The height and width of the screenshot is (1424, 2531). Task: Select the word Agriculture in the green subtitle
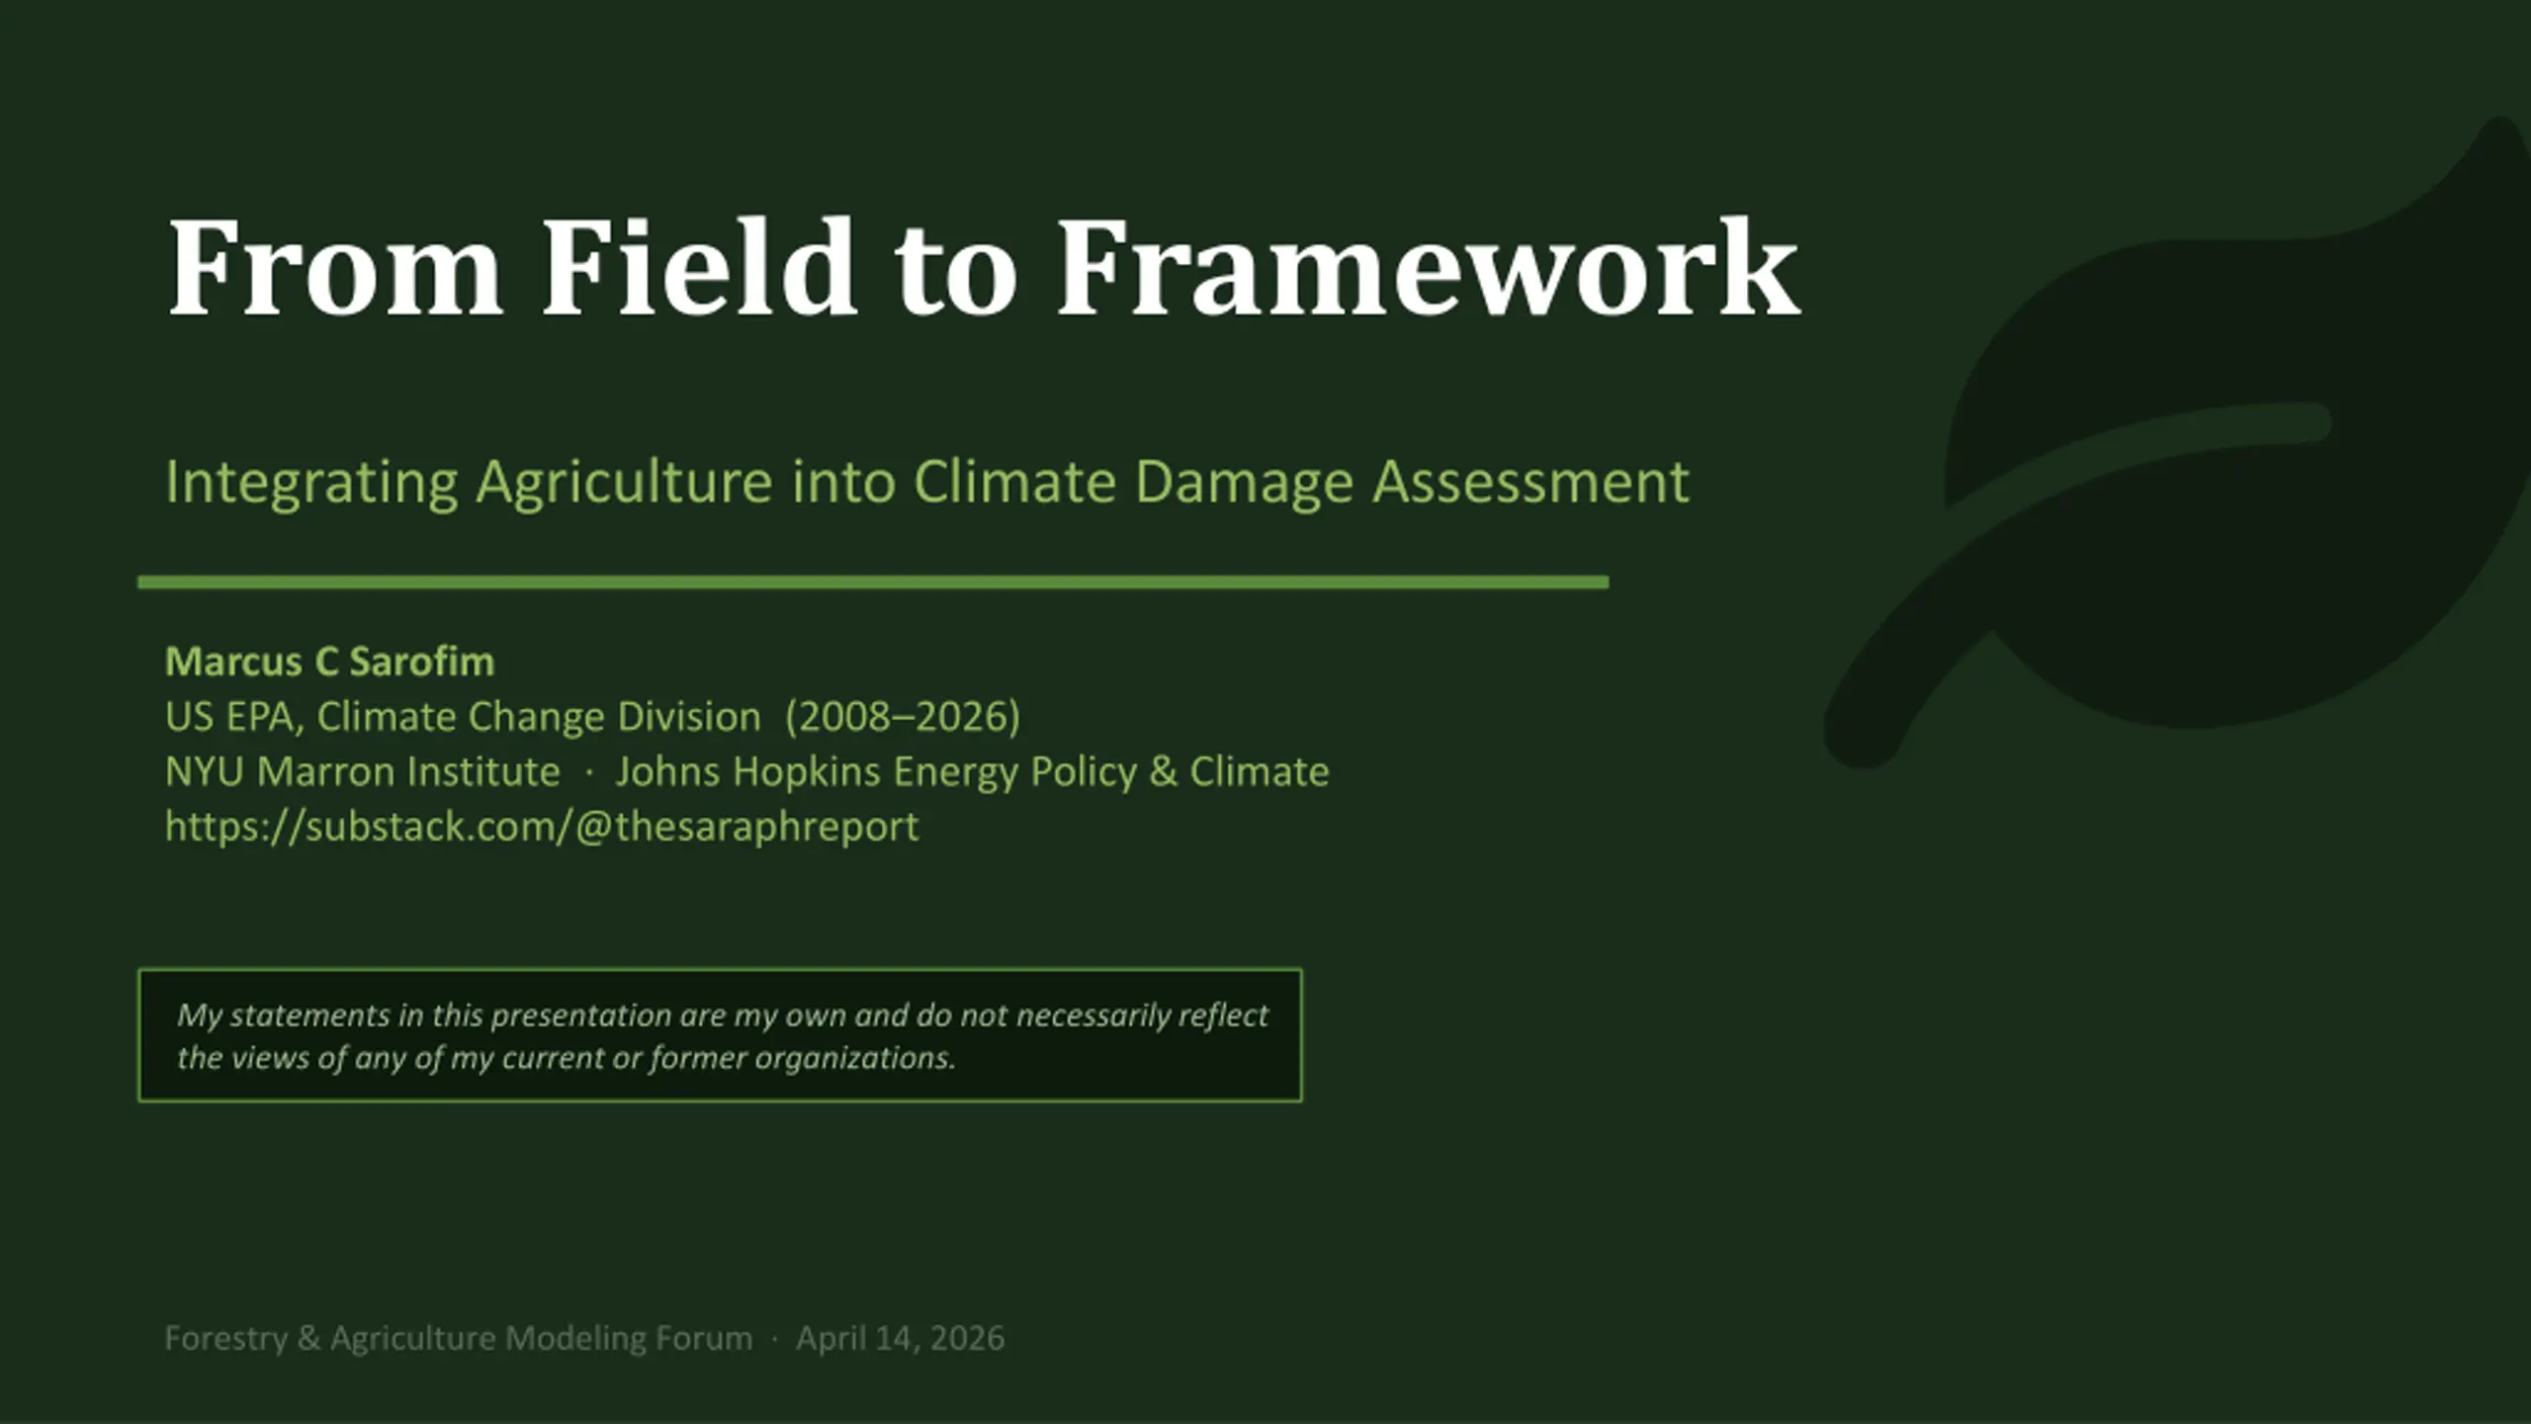(625, 484)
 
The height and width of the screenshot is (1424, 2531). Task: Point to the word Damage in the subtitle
(1244, 484)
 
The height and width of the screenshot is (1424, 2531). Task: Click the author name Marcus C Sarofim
(329, 662)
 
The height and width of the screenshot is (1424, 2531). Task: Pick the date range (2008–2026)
(903, 717)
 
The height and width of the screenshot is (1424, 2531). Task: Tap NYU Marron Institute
(362, 771)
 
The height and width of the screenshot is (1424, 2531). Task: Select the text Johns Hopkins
(747, 771)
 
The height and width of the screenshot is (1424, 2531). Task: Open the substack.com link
(542, 827)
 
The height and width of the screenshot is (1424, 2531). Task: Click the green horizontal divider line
(873, 582)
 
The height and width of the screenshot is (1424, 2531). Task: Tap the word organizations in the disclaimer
(854, 1058)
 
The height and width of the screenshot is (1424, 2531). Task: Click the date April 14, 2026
(901, 1339)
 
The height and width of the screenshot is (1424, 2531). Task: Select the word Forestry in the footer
(225, 1339)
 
